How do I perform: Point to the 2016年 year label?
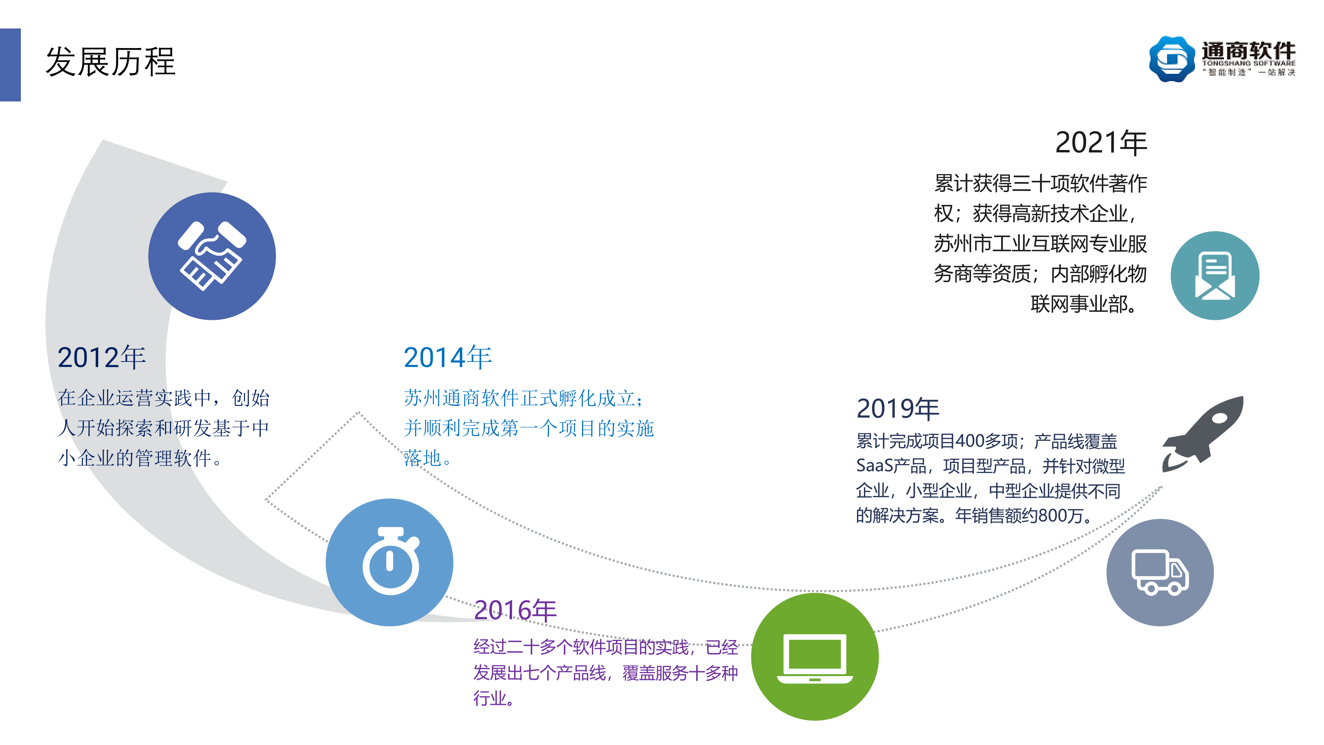tap(515, 610)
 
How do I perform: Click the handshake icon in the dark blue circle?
tap(212, 256)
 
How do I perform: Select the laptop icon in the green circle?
tap(815, 659)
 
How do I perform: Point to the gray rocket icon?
tap(1203, 434)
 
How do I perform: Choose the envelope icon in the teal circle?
tap(1215, 275)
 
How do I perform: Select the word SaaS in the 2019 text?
tap(874, 466)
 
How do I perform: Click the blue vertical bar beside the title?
tap(10, 65)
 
